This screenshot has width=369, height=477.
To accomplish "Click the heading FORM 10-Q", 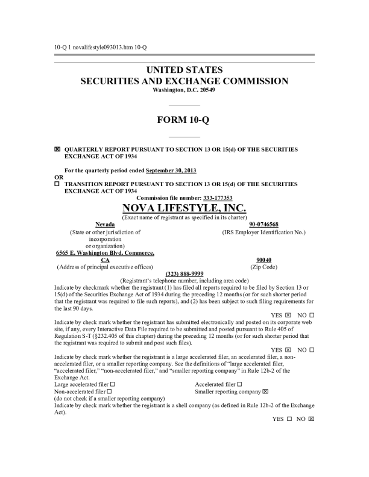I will [184, 119].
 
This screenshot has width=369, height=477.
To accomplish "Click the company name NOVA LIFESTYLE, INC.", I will [184, 208].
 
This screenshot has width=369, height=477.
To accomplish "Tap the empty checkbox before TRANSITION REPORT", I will [57, 184].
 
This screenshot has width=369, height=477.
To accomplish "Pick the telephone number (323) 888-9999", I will [184, 273].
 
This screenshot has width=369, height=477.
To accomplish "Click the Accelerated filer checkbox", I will [240, 384].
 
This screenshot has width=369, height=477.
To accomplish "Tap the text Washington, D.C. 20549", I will [184, 90].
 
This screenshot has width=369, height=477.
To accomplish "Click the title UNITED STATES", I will [184, 70].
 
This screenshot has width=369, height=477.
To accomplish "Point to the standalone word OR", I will [58, 177].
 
